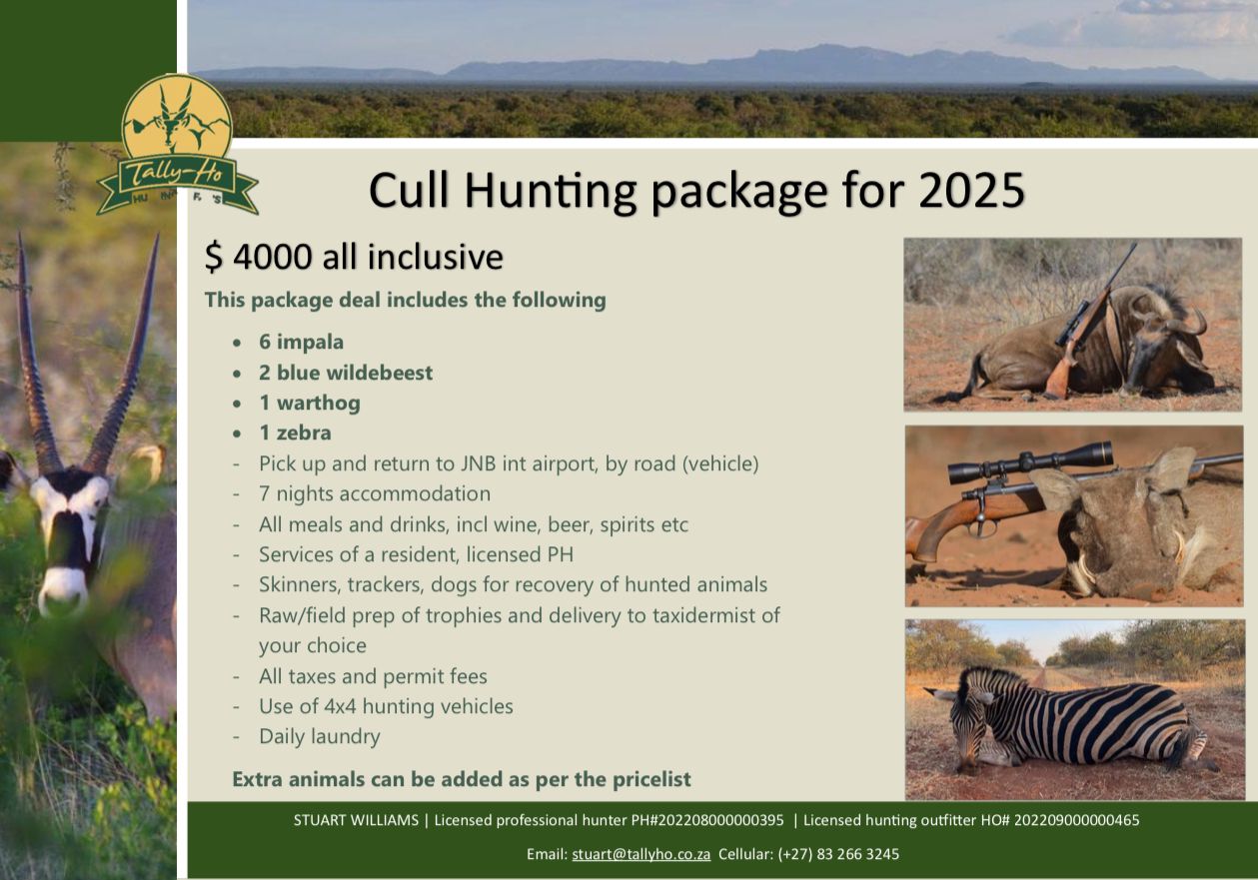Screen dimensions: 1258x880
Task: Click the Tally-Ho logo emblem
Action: pos(177,145)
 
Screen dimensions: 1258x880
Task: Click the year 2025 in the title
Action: pos(971,191)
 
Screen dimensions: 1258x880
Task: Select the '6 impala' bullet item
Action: pos(301,342)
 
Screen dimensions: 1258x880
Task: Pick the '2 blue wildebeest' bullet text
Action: pos(346,373)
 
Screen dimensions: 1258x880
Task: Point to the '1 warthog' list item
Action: pos(310,403)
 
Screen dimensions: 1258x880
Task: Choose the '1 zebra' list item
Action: pos(295,433)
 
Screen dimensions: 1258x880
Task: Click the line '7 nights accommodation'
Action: pos(375,493)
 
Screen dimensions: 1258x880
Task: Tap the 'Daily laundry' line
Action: pos(320,736)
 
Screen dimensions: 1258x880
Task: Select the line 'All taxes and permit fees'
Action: pos(373,676)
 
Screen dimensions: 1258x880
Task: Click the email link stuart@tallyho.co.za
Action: pos(640,854)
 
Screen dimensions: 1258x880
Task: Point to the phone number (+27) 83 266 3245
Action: pos(838,854)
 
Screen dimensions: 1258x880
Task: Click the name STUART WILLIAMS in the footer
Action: pos(356,820)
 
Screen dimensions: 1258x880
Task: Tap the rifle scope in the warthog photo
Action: pos(1030,462)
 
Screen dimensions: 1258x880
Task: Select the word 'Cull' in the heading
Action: pos(410,190)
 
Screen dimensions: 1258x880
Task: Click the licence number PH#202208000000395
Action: pos(707,820)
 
